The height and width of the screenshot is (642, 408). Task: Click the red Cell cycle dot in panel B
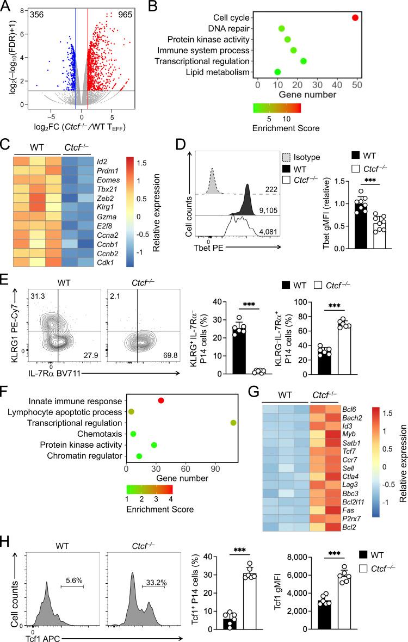[355, 17]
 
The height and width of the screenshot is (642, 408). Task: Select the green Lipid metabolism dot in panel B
[277, 72]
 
